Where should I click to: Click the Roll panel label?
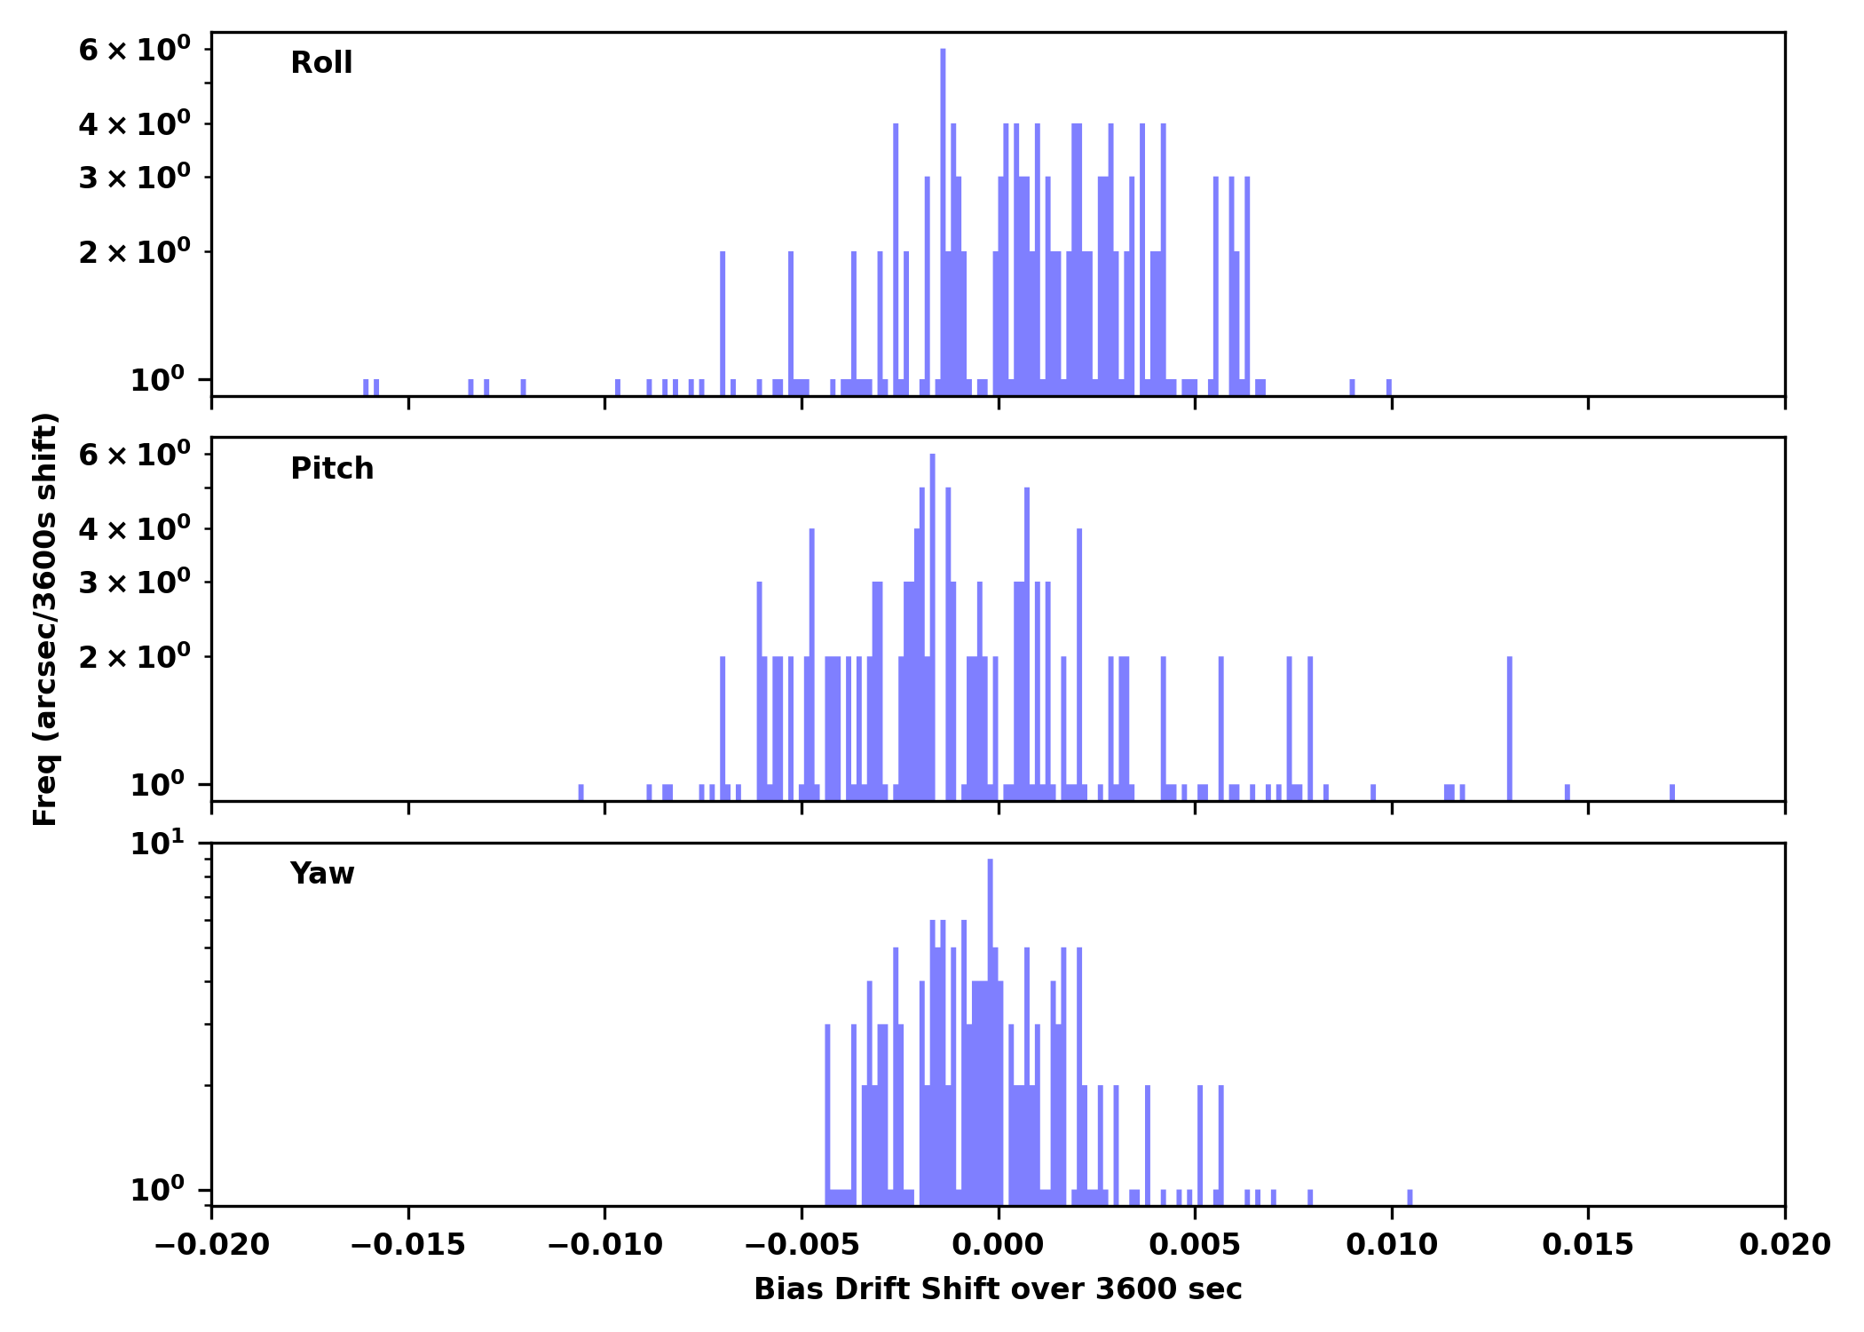321,63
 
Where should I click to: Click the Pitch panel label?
332,469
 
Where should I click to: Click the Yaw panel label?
322,874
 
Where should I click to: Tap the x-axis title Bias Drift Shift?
998,1289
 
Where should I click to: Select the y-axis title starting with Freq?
45,619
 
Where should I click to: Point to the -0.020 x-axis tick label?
211,1245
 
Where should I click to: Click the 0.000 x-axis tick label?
998,1245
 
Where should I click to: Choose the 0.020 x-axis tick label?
1784,1245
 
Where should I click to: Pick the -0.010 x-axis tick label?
604,1245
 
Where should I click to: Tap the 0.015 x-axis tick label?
1588,1245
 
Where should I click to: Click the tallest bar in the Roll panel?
943,222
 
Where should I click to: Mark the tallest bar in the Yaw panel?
990,1030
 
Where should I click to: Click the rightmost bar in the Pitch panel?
1672,792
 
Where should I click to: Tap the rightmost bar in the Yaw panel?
1410,1197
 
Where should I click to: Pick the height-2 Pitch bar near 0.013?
1510,728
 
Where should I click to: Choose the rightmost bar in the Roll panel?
1389,387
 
